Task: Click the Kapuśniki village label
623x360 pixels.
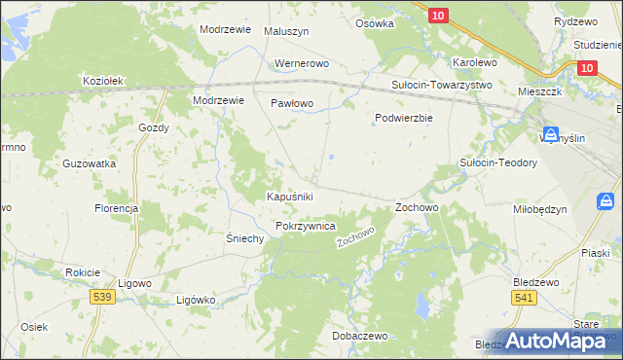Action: (x=289, y=197)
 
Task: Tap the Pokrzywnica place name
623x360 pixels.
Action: (x=306, y=226)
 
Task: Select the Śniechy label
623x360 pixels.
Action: (x=245, y=239)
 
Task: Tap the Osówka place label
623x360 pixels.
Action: (x=375, y=23)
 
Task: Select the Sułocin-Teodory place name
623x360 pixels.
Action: (x=498, y=162)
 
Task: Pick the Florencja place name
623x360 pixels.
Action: (x=116, y=208)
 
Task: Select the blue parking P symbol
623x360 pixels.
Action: (x=605, y=201)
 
